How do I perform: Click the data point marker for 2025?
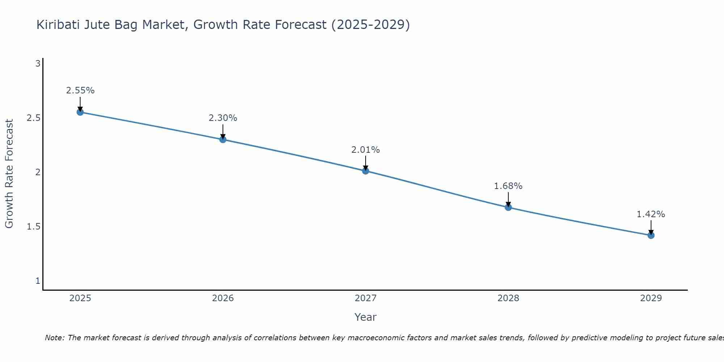(80, 112)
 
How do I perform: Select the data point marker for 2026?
(223, 139)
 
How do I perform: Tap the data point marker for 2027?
(366, 171)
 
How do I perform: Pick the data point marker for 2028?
(508, 207)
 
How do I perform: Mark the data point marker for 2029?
(651, 235)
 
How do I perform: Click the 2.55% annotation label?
(80, 90)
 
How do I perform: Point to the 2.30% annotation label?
(223, 118)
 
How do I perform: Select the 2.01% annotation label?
(366, 150)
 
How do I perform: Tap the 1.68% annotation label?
(508, 186)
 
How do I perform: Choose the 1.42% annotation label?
(651, 214)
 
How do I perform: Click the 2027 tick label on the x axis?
(366, 298)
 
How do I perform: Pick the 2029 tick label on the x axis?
(651, 298)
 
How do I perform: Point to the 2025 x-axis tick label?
(80, 298)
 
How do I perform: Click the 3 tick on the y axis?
(38, 64)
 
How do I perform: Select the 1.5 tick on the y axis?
(34, 227)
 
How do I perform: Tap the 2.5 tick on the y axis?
(34, 118)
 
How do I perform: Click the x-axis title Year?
(366, 317)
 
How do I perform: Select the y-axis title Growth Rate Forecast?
(9, 174)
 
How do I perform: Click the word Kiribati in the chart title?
(59, 25)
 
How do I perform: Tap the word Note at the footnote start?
(54, 338)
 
